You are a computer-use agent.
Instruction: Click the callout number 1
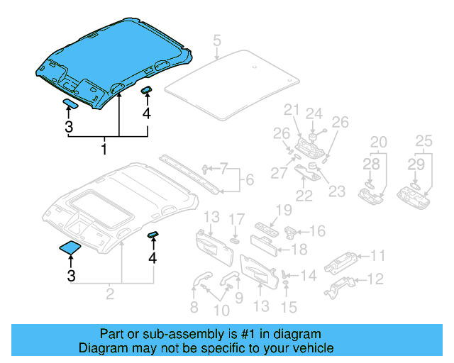point(104,150)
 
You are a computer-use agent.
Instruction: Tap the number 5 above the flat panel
point(217,41)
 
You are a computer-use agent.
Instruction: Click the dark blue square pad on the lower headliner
point(70,247)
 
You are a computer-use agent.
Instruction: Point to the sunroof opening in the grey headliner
point(103,205)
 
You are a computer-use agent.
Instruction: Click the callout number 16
point(317,231)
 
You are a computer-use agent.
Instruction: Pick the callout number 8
point(194,308)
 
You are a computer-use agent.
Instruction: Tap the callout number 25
point(423,141)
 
